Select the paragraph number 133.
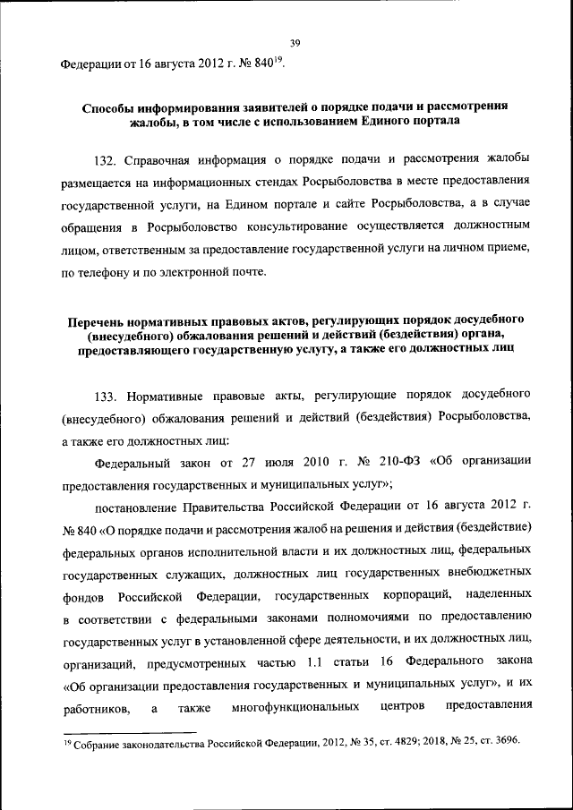tap(107, 395)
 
